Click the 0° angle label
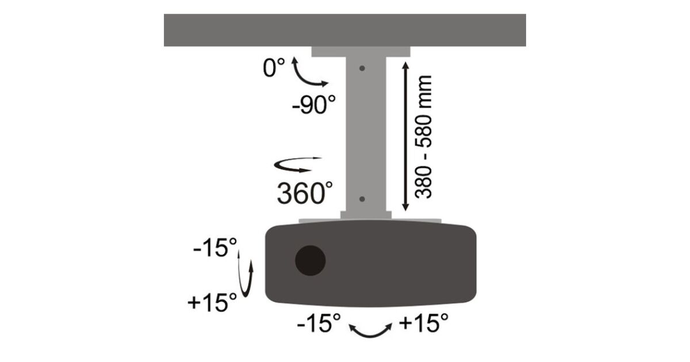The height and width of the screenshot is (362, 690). (274, 67)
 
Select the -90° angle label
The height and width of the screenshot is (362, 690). (313, 105)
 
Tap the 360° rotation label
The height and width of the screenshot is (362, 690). (305, 192)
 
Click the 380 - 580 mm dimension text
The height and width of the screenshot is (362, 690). (424, 137)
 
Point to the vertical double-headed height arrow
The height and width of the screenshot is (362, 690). (406, 136)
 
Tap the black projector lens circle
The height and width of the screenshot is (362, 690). (310, 260)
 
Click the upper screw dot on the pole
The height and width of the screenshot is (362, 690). (362, 68)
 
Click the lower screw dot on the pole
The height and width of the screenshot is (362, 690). (362, 199)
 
